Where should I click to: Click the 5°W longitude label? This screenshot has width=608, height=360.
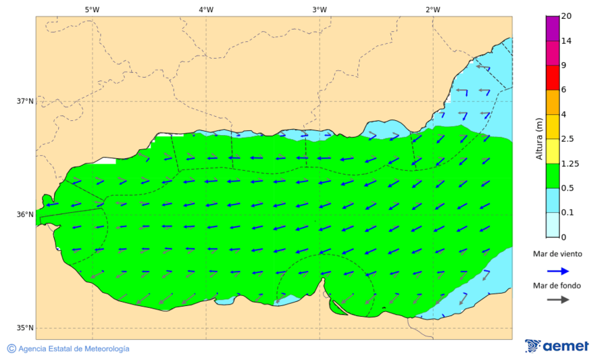92,9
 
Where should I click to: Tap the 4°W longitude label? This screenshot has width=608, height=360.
206,9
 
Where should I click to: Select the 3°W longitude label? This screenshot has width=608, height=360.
320,9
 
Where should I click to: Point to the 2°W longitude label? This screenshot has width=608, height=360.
433,9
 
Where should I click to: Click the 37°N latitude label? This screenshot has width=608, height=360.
25,101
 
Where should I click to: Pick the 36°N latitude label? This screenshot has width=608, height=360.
25,215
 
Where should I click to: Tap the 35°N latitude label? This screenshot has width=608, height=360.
25,328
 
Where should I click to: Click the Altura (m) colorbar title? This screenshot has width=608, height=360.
538,138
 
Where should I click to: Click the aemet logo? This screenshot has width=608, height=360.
557,346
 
